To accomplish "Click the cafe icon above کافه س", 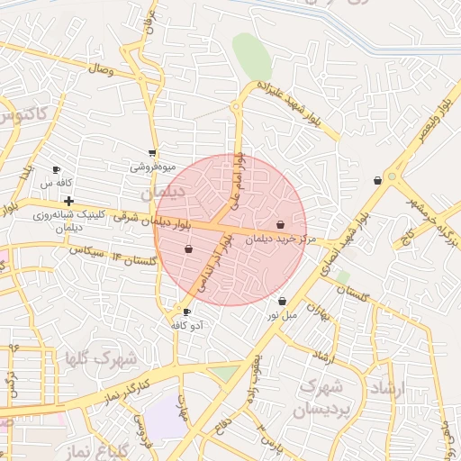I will click(56, 169).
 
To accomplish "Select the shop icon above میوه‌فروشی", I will click(152, 153).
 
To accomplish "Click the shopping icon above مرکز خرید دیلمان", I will click(281, 224).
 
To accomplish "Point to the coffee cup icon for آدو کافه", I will click(186, 312).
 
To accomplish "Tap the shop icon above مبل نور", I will click(283, 301).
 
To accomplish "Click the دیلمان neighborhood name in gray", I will click(162, 193).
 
